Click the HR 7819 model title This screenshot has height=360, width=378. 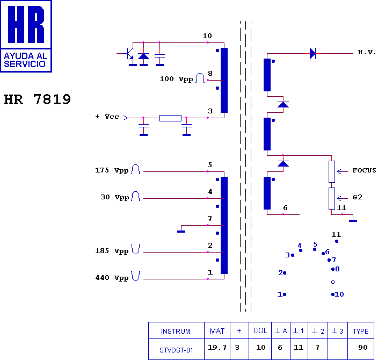coord(38,99)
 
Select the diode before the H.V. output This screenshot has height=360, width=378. coord(312,53)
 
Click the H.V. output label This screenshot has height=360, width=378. coord(367,52)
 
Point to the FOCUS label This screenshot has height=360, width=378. coord(364,170)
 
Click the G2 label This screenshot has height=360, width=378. coord(357,197)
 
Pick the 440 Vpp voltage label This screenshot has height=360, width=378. coord(112,278)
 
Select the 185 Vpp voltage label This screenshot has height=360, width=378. coord(112,251)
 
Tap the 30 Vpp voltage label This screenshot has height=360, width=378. coord(115,197)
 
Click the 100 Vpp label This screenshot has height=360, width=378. coord(176,79)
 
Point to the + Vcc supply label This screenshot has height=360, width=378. coord(107,117)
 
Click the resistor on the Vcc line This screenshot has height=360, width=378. coord(170,118)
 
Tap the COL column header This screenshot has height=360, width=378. coord(260,330)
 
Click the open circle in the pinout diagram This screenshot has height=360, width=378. coord(333,282)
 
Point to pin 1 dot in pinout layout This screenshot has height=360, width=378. coord(285,294)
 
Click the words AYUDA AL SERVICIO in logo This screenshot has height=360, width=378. coord(26,60)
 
